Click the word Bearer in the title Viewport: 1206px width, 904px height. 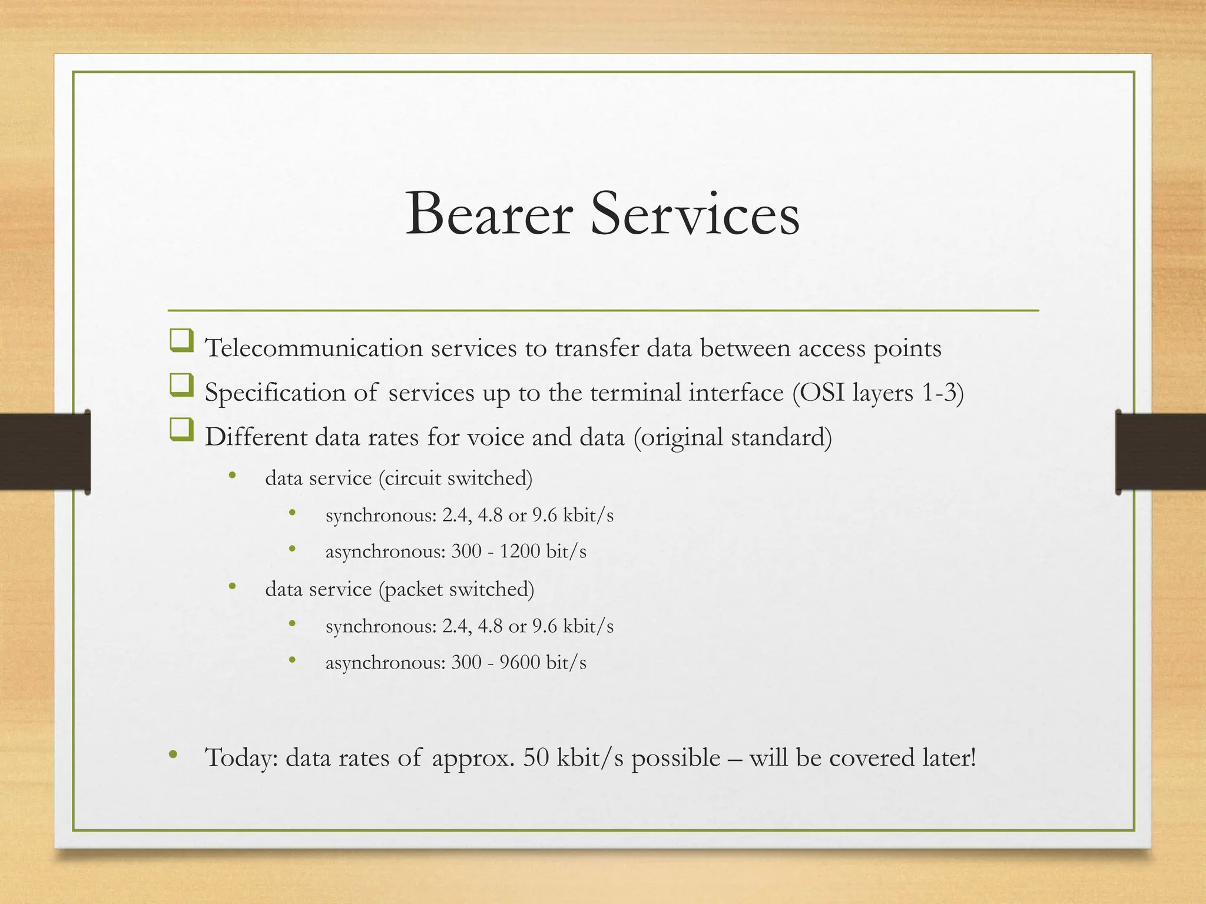pos(489,214)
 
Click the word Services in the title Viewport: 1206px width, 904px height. pos(695,214)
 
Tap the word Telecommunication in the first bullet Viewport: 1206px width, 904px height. pos(313,348)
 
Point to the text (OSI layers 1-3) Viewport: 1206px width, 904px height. pos(877,393)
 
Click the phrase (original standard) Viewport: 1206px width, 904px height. pos(733,437)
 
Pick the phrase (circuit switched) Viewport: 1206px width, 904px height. pos(455,478)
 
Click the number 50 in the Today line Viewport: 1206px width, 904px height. pos(536,757)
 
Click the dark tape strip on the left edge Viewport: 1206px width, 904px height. pos(45,451)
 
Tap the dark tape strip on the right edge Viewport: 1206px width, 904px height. pos(1161,451)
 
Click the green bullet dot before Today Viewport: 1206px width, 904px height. pos(173,755)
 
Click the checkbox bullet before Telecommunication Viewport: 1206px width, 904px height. pos(181,341)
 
